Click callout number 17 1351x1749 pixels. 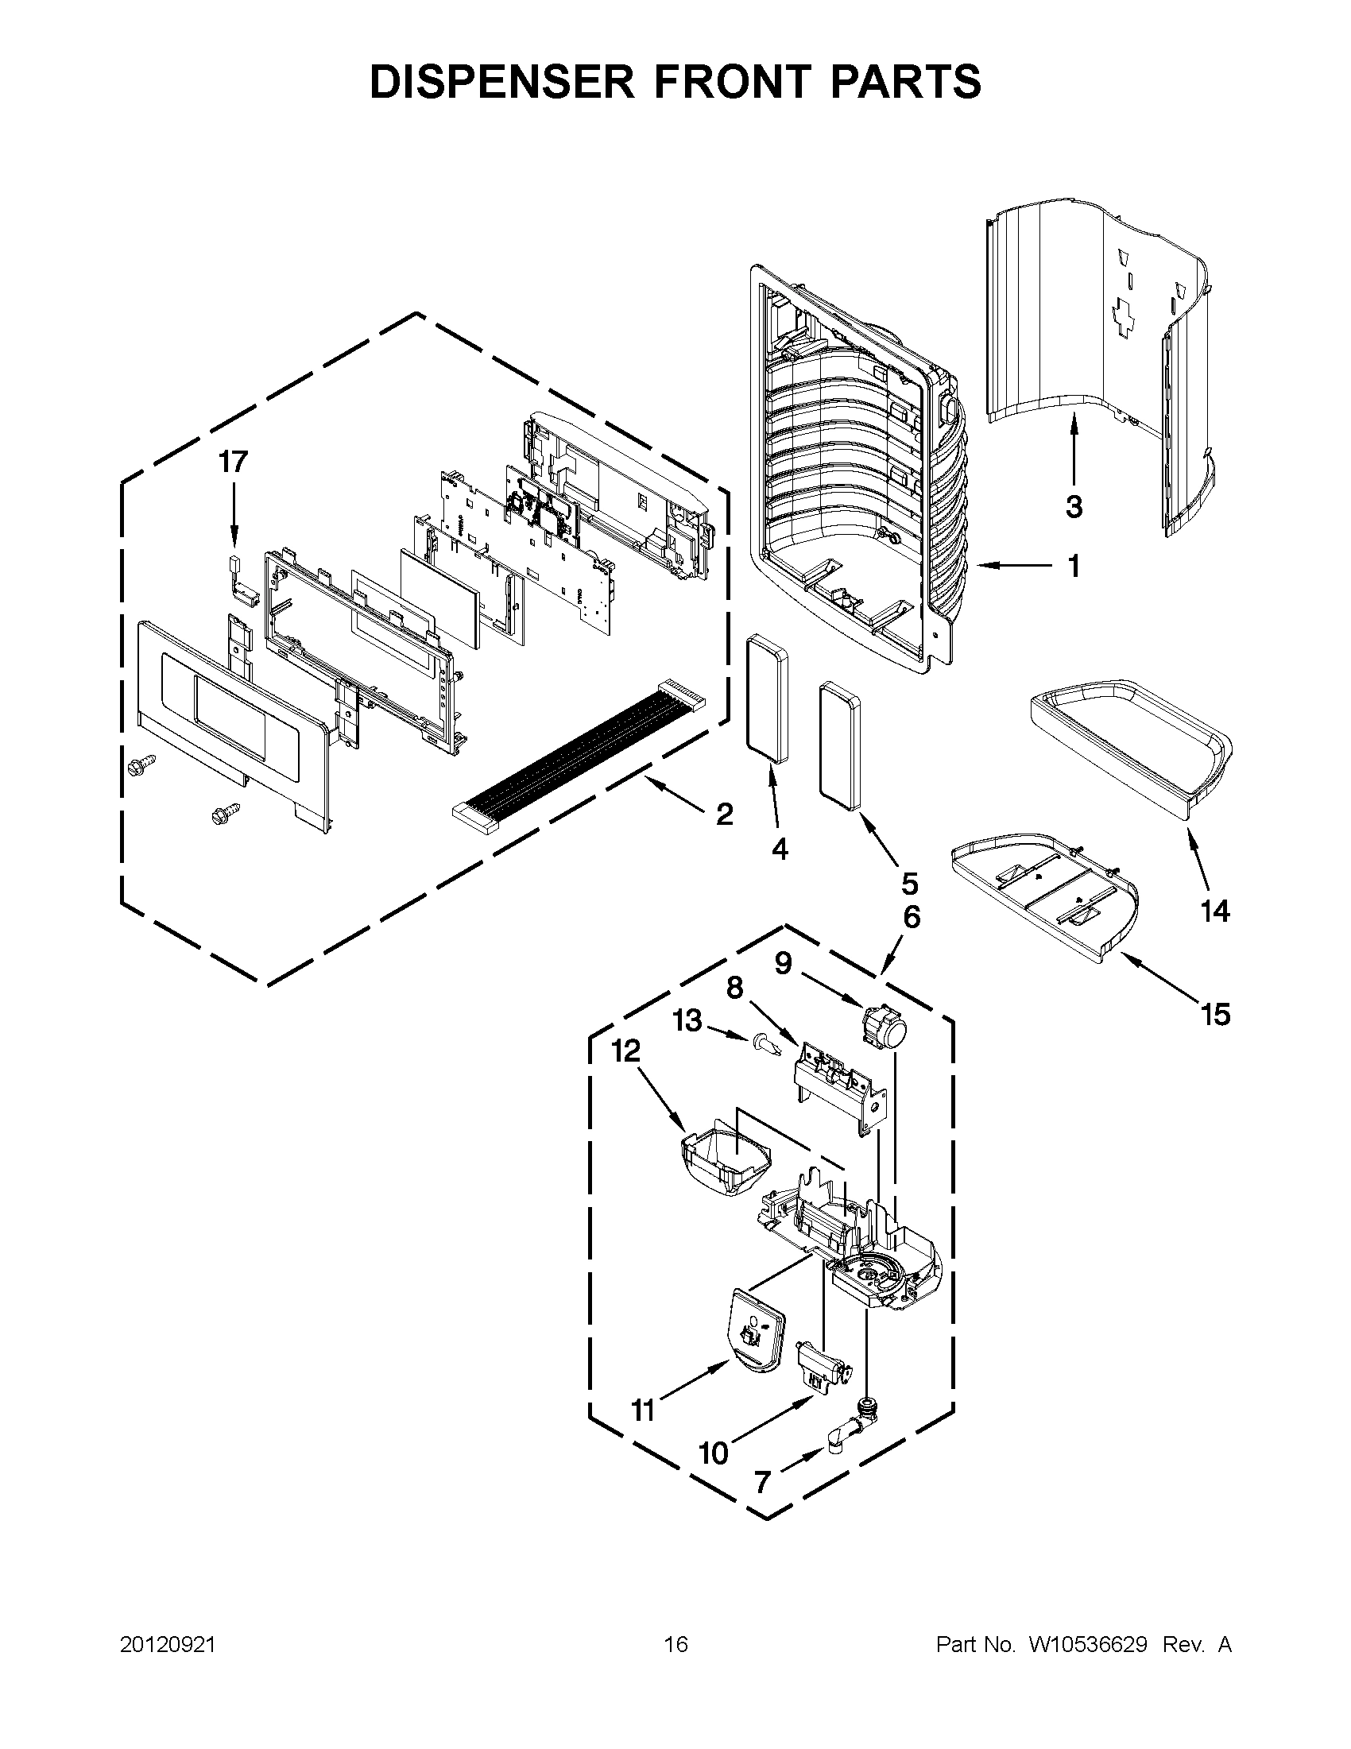(234, 462)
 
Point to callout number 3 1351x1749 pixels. (1073, 507)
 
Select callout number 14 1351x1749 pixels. (1214, 911)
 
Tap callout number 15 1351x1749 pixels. (1215, 1015)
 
